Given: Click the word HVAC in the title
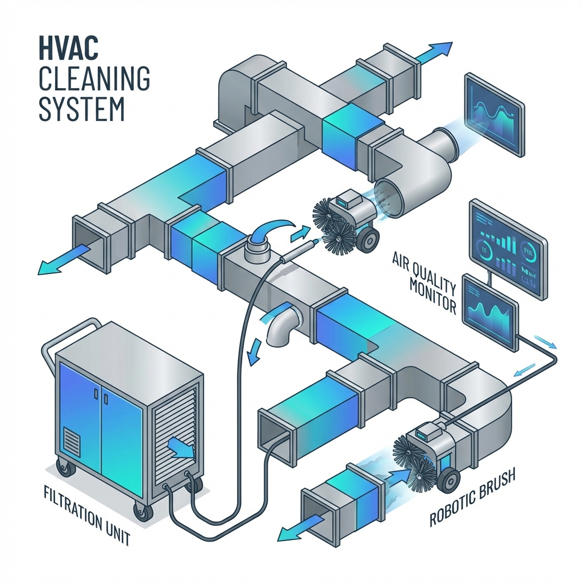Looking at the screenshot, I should click(x=68, y=51).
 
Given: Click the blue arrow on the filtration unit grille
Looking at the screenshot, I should click(x=181, y=447).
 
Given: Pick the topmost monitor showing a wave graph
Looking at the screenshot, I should click(x=493, y=114).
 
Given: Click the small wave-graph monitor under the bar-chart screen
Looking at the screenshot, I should click(x=490, y=312).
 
